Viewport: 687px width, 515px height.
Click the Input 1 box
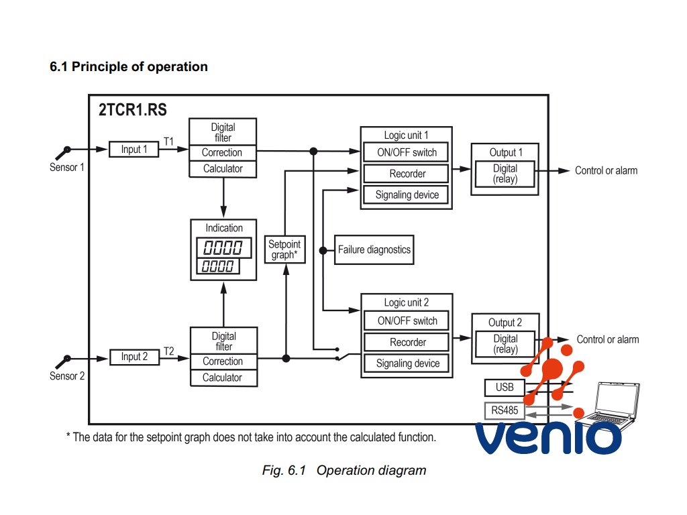pyautogui.click(x=134, y=150)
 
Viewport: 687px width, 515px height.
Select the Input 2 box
pyautogui.click(x=134, y=357)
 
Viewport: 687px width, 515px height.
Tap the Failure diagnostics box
pyautogui.click(x=374, y=249)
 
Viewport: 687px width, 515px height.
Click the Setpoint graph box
pyautogui.click(x=284, y=249)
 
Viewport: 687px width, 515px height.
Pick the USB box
pyautogui.click(x=504, y=388)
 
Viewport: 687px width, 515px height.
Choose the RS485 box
pyautogui.click(x=504, y=409)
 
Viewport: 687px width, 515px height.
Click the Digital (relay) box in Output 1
pyautogui.click(x=505, y=174)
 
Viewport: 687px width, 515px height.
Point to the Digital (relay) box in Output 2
pyautogui.click(x=505, y=344)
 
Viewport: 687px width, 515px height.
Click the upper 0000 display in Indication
pyautogui.click(x=223, y=247)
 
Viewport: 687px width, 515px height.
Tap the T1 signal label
pyautogui.click(x=169, y=141)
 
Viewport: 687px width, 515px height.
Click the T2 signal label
pyautogui.click(x=169, y=350)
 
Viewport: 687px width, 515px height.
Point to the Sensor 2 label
pyautogui.click(x=67, y=376)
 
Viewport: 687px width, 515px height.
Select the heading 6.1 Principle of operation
pyautogui.click(x=129, y=66)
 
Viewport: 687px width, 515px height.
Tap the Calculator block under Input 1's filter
pyautogui.click(x=223, y=169)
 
